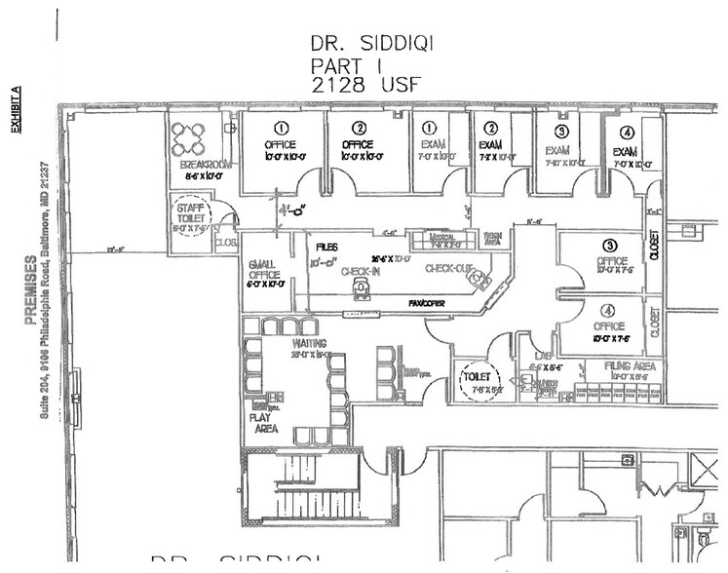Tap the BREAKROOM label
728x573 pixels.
[x=207, y=165]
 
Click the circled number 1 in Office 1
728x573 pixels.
[x=280, y=128]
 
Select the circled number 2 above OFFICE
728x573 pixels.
[x=360, y=128]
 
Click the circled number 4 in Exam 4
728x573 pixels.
[x=627, y=134]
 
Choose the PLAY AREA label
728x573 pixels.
[x=265, y=421]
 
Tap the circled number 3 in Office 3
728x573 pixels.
[x=609, y=246]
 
